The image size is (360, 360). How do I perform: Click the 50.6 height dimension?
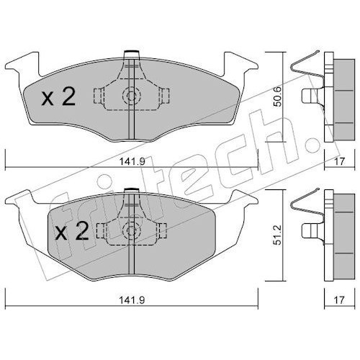click(279, 96)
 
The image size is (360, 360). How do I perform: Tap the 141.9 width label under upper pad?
click(132, 161)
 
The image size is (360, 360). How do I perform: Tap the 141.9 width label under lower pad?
click(132, 300)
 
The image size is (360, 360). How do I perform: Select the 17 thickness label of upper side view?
click(339, 161)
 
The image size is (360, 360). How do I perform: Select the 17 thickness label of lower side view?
click(339, 300)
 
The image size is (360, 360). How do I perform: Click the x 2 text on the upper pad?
click(58, 96)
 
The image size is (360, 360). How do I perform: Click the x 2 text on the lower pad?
click(72, 231)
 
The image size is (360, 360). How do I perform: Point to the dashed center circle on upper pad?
click(131, 96)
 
